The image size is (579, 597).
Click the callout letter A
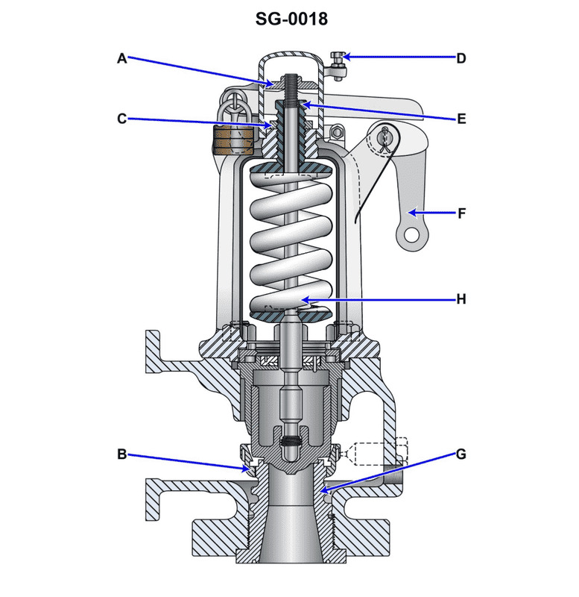(122, 58)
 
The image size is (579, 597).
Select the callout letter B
(122, 453)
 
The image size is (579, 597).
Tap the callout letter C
(122, 118)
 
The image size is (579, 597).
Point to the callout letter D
(461, 58)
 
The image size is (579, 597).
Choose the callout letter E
(461, 118)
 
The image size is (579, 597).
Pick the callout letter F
(461, 213)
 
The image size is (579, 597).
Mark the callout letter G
(461, 453)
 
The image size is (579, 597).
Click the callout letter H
(461, 299)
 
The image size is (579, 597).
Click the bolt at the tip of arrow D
(339, 58)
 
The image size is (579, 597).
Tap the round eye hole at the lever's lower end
(407, 238)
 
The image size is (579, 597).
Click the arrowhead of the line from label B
(250, 470)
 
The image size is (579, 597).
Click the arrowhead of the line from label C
(276, 126)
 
